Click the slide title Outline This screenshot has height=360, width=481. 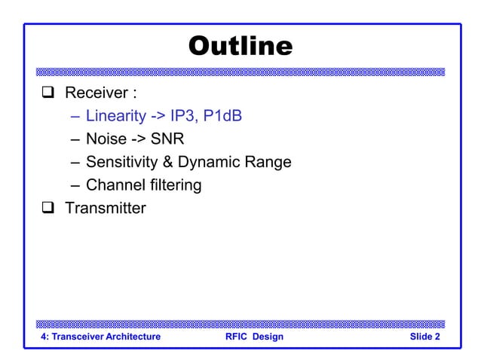coord(240,47)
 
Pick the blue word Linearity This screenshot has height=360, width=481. coord(115,117)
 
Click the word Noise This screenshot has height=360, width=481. coord(106,139)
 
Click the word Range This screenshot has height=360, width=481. coord(268,162)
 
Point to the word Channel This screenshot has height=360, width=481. coord(113,185)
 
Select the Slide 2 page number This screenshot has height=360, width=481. coord(425,337)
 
